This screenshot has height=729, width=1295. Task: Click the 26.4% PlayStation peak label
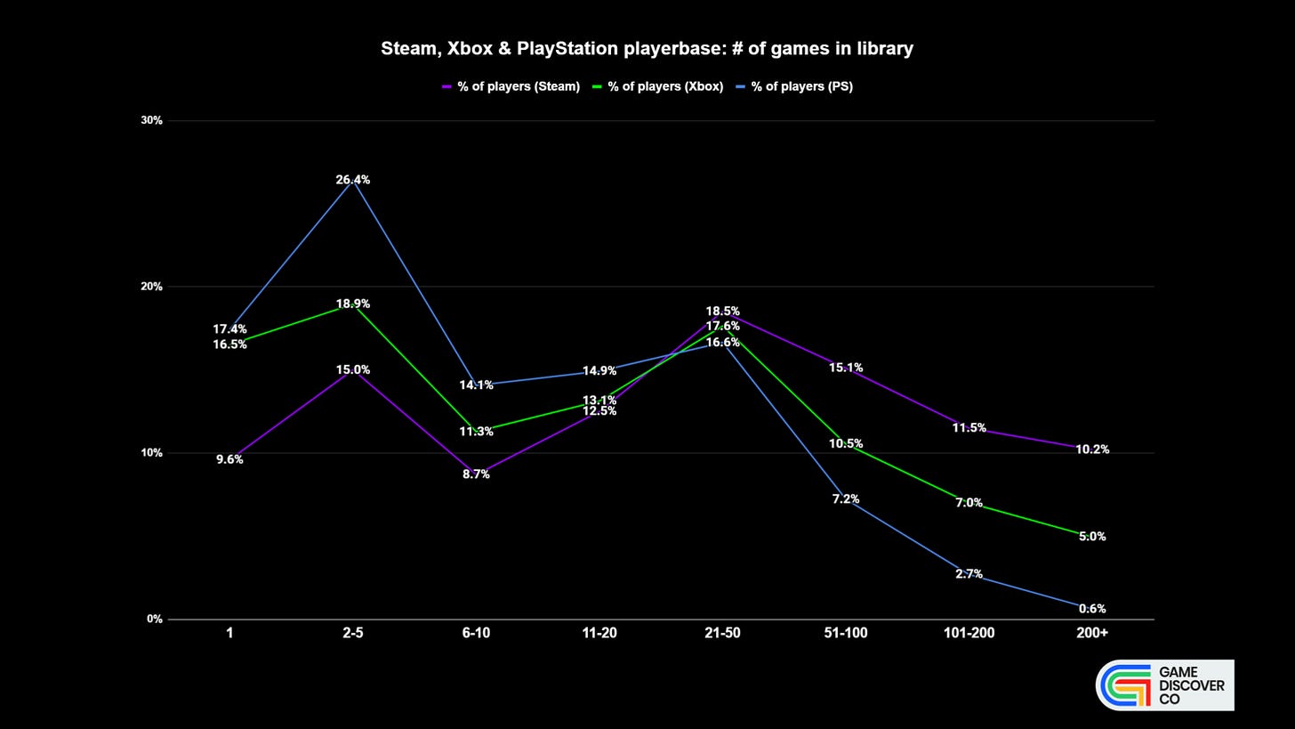point(353,180)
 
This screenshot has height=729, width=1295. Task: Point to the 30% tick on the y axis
point(152,120)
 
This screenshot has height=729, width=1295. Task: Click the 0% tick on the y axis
point(155,619)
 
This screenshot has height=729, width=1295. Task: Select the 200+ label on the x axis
point(1091,633)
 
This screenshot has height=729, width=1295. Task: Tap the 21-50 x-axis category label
point(722,633)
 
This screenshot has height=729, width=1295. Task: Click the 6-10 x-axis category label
point(476,633)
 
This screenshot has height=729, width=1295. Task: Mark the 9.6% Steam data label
point(229,459)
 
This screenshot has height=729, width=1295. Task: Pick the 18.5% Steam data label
point(722,312)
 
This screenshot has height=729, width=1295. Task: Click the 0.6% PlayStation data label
point(1092,609)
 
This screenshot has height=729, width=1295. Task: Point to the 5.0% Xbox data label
point(1092,537)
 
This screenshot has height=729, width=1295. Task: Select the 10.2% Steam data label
point(1092,450)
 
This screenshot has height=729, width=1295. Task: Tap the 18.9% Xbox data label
point(353,304)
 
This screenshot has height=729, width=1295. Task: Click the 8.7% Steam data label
point(476,474)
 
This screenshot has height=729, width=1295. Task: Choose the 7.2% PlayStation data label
point(846,499)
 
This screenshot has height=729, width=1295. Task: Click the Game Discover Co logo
point(1164,685)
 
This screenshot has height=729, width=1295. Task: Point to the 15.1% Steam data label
point(846,368)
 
